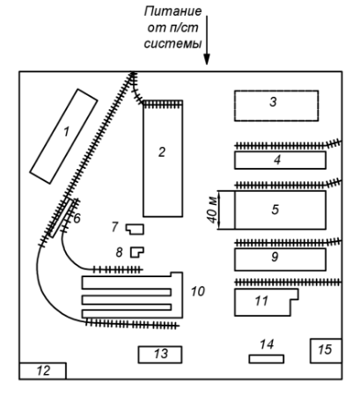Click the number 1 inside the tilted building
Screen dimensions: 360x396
click(x=67, y=131)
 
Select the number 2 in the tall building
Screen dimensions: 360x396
click(x=162, y=152)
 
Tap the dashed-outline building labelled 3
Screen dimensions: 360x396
click(x=276, y=106)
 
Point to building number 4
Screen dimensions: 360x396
click(x=280, y=160)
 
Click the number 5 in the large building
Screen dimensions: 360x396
click(x=276, y=209)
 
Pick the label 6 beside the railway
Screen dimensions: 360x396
click(x=77, y=218)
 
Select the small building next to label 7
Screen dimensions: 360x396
click(x=136, y=229)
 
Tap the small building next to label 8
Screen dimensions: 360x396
click(x=137, y=253)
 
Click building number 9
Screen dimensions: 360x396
click(x=280, y=260)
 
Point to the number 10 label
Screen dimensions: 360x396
click(x=198, y=291)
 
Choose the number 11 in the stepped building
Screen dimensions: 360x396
click(x=261, y=301)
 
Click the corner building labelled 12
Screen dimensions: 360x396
click(x=43, y=371)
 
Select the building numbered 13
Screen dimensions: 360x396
click(x=160, y=355)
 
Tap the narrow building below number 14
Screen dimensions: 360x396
click(x=267, y=359)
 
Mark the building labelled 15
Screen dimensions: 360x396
click(x=326, y=351)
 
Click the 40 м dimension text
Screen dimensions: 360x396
click(x=213, y=210)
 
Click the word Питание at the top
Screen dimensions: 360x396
click(x=173, y=11)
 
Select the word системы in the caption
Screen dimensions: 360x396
click(x=173, y=44)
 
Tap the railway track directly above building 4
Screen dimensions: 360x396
click(x=288, y=144)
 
